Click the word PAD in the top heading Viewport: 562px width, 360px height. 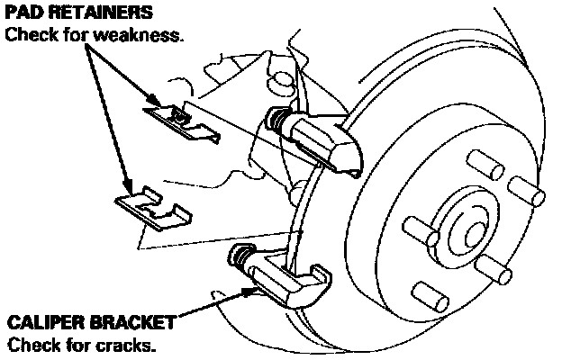point(23,13)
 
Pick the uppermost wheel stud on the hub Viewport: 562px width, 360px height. point(487,164)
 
